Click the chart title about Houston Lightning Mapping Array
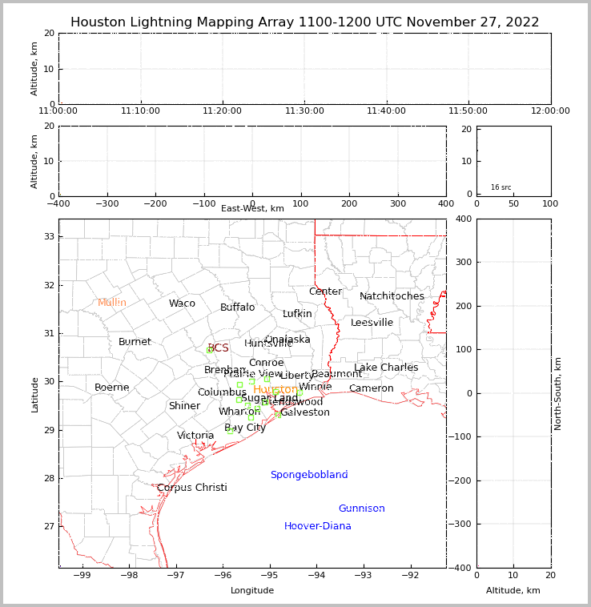click(x=304, y=22)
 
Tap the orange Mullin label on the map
click(x=112, y=303)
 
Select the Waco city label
click(x=182, y=303)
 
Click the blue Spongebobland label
click(x=309, y=475)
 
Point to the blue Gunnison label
click(x=361, y=509)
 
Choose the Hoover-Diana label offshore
click(x=318, y=526)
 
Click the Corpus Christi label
click(x=192, y=488)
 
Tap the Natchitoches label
click(x=392, y=296)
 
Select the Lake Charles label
click(x=386, y=368)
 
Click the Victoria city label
click(x=195, y=436)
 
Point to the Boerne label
click(x=112, y=388)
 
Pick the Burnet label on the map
click(x=135, y=342)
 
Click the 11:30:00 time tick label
click(x=305, y=111)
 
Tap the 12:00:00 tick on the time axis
click(x=550, y=111)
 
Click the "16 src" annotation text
click(x=501, y=187)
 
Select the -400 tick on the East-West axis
click(x=58, y=203)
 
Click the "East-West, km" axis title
click(x=252, y=209)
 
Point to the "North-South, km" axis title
click(x=558, y=393)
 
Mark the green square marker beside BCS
click(x=210, y=350)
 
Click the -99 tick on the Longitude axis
click(x=82, y=574)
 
